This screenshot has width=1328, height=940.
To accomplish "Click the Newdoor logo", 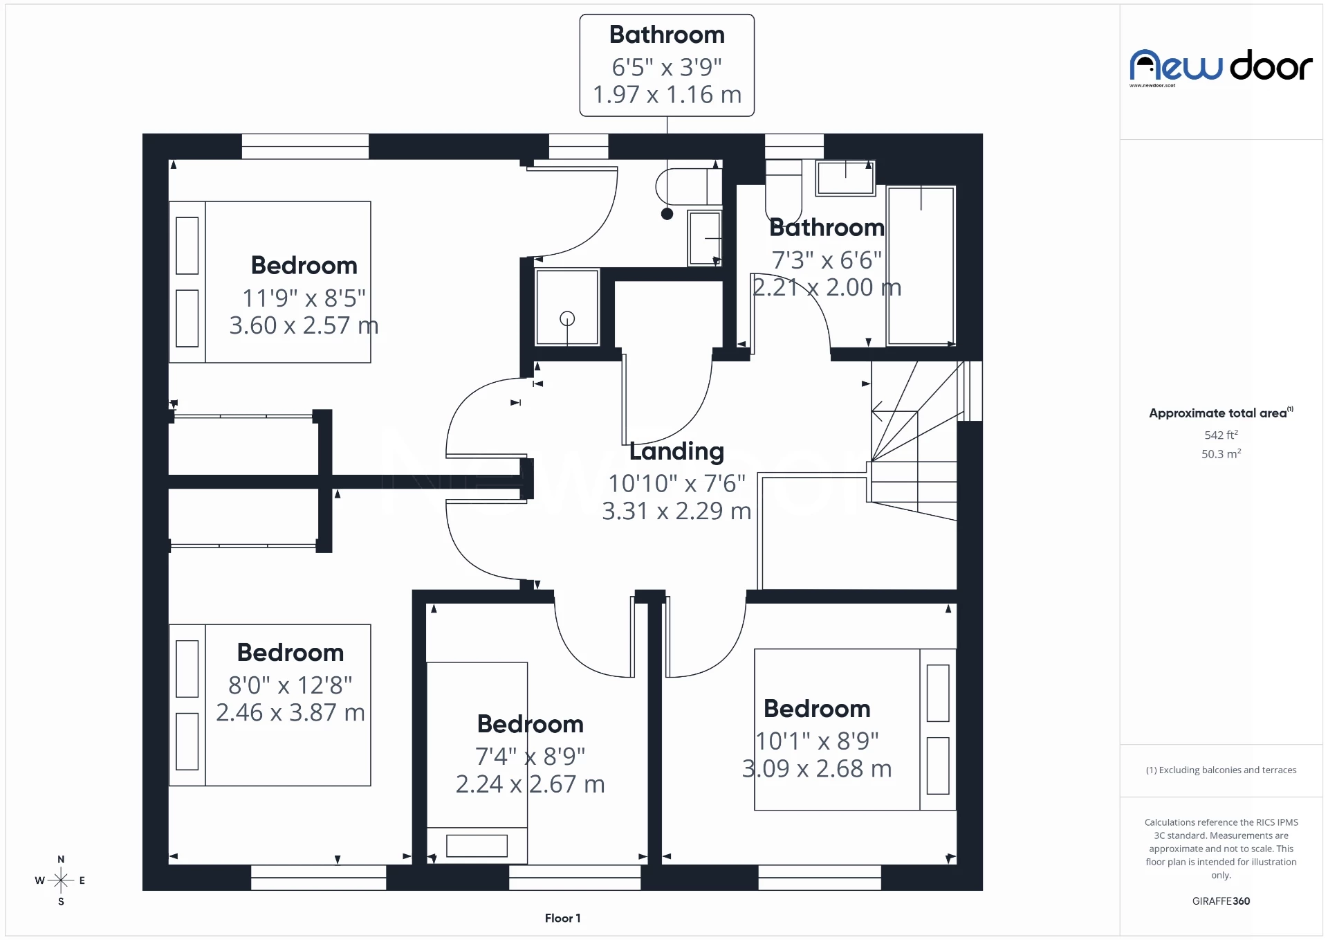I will click(1220, 67).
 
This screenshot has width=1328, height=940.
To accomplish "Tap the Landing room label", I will click(676, 451).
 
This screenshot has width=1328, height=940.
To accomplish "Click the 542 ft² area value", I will click(1221, 435).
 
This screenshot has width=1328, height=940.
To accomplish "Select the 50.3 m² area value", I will click(1221, 454).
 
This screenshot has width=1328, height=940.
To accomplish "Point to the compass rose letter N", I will click(61, 859).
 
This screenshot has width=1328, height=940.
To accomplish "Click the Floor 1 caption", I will click(562, 918).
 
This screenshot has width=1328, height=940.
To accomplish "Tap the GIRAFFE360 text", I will click(1221, 901).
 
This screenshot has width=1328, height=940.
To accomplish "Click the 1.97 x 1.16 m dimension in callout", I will click(667, 95).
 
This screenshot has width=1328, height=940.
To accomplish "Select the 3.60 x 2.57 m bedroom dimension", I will click(304, 325).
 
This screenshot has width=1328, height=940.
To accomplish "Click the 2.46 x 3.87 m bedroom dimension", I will click(290, 712).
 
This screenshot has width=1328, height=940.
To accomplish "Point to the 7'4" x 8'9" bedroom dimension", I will click(530, 757).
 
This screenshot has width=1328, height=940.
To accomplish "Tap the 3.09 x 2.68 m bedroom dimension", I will click(817, 769).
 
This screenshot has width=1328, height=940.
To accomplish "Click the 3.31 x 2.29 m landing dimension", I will click(676, 511).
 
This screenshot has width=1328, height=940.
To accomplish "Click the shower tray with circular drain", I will click(567, 307).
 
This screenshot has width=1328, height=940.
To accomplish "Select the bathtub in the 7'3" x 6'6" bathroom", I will click(921, 266).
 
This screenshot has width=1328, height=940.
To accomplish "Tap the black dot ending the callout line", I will click(667, 214).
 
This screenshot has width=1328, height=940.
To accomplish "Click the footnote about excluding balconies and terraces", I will click(1221, 770).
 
